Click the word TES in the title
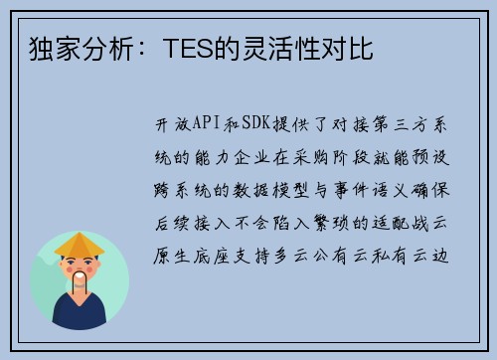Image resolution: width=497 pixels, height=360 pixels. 189,49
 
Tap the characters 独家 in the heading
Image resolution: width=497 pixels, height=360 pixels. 56,49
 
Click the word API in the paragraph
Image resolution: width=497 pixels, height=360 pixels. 206,123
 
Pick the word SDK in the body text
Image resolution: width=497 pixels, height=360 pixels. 256,123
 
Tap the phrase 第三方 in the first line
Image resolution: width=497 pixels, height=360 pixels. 401,124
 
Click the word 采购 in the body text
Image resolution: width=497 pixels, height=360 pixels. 310,157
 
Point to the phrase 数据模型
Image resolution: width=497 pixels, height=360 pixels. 270,190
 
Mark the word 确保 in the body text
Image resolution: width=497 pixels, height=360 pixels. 430,190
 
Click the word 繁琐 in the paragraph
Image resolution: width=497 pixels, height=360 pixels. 331,223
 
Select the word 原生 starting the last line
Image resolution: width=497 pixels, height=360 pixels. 171,256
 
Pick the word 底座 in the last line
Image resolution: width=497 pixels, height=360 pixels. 211,256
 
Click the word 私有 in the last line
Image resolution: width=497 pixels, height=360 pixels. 390,256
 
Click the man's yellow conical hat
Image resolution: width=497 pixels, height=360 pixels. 80,245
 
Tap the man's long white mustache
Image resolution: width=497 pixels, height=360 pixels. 80,280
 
